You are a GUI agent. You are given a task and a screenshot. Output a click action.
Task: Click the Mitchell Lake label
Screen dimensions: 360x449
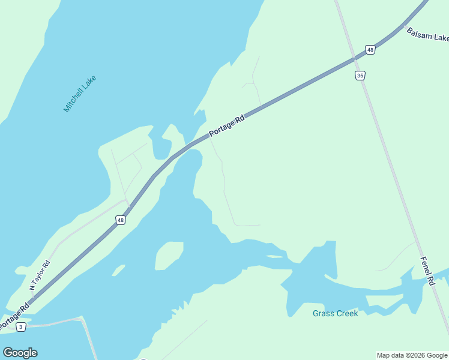80,94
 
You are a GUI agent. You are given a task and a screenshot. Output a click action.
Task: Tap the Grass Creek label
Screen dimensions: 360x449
335,313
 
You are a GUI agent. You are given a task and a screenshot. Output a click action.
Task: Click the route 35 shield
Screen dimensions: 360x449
360,76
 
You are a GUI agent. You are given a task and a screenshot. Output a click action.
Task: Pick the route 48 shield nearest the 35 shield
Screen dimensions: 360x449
370,50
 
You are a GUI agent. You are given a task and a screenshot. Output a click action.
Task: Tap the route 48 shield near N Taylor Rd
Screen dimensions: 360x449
121,221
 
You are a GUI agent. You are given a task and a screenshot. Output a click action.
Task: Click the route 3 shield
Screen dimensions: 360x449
21,327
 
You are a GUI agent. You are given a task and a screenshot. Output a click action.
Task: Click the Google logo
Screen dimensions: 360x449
20,353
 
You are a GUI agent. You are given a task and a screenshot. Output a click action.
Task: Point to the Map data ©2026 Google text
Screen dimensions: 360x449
412,355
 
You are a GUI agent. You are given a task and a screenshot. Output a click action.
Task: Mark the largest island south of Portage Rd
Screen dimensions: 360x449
168,255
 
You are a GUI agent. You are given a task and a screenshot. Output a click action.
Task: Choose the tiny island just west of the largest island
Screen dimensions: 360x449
118,271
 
